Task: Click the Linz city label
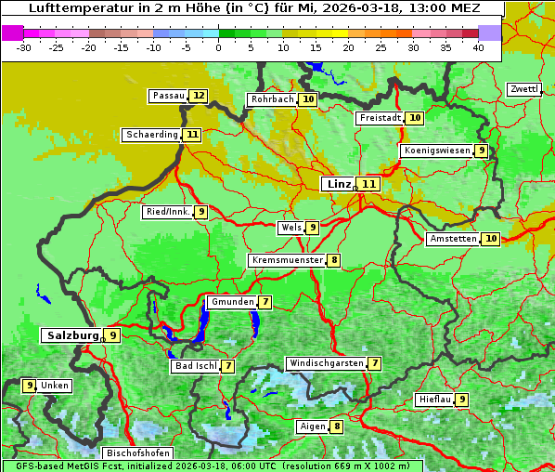(x=338, y=184)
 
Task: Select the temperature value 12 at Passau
(x=199, y=96)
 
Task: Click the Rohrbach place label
(x=272, y=99)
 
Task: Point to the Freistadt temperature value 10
(x=415, y=118)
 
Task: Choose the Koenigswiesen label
(x=437, y=151)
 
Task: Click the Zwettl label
(x=523, y=89)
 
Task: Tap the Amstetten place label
(x=453, y=239)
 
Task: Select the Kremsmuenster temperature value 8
(x=333, y=260)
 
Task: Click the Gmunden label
(x=231, y=302)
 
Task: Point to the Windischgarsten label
(x=325, y=363)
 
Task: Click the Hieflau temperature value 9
(x=462, y=400)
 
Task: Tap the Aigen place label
(x=312, y=426)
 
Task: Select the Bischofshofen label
(x=137, y=453)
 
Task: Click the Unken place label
(x=55, y=386)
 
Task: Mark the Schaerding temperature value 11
(x=192, y=135)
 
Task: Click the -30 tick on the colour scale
(x=24, y=47)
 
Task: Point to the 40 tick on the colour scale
(x=478, y=47)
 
